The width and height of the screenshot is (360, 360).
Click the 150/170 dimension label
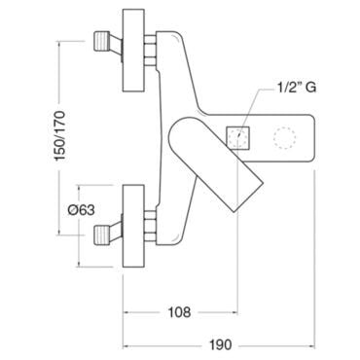tap(60, 135)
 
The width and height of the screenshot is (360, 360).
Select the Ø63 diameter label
tap(81, 210)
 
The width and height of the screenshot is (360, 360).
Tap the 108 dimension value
tap(179, 312)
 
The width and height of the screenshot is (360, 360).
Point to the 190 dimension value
tap(220, 344)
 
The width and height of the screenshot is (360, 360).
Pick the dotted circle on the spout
tap(285, 138)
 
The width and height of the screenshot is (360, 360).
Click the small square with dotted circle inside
tap(238, 137)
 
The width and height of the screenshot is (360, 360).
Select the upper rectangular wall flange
tap(133, 51)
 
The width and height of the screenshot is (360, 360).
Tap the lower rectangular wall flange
tap(133, 227)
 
